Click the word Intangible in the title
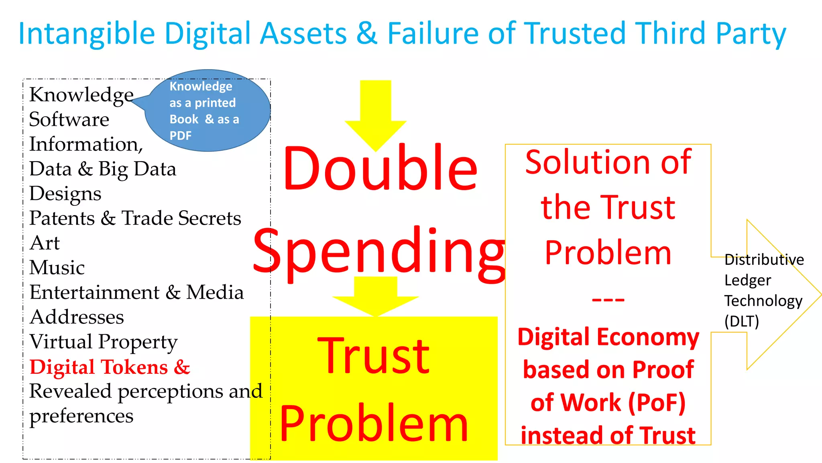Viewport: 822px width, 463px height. point(87,34)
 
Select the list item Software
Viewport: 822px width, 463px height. point(69,119)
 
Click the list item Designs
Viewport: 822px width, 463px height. point(65,194)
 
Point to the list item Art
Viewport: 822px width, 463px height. point(45,243)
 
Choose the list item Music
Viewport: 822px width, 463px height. point(57,268)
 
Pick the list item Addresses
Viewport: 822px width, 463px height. point(77,317)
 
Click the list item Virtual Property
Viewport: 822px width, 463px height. point(104,342)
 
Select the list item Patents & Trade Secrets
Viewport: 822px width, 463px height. point(135,218)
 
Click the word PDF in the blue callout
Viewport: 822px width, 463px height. point(181,136)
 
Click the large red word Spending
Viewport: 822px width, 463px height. point(379,251)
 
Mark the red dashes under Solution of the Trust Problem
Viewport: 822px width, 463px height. point(608,299)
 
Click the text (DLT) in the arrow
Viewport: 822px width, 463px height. point(742,322)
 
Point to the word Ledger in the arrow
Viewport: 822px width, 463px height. point(748,280)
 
